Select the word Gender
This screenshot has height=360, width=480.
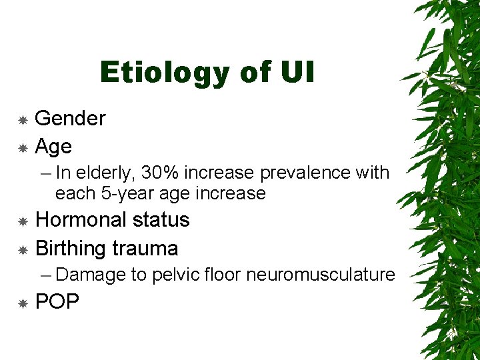coord(70,119)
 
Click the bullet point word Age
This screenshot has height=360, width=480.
coord(53,147)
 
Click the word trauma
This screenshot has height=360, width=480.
coord(146,249)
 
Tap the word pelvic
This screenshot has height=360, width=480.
coord(173,275)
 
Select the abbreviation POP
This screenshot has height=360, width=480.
coord(57,302)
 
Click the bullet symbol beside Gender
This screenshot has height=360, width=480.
coord(22,120)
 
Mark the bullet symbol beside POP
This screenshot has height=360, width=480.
coord(22,303)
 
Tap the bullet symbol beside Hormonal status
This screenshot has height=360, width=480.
coord(22,221)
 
